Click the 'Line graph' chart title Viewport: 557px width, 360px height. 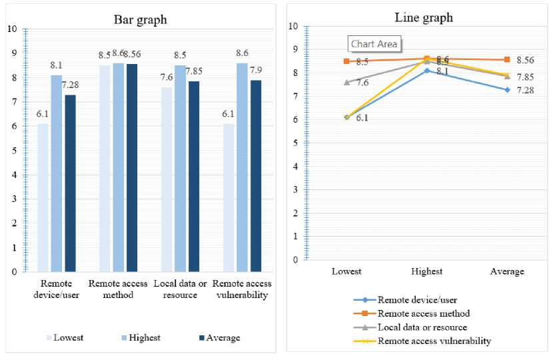pos(424,17)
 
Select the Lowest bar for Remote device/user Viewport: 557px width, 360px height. pos(43,197)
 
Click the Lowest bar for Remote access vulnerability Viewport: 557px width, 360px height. pos(229,197)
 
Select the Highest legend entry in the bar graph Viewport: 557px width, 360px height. pos(142,337)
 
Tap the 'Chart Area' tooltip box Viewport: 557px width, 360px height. pos(374,44)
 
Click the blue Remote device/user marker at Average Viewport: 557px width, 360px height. pos(508,89)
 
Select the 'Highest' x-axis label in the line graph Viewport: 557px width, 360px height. pos(426,271)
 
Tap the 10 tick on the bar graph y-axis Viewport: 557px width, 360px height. pos(12,29)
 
